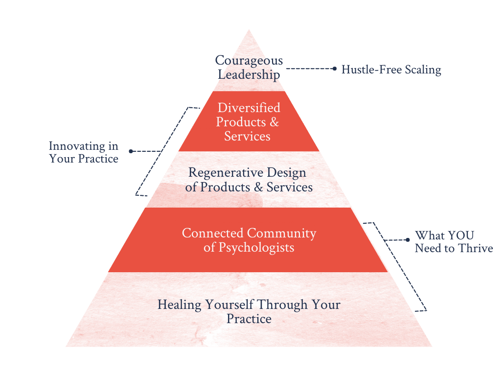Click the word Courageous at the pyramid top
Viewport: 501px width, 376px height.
(249, 61)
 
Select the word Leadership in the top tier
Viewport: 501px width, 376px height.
(249, 75)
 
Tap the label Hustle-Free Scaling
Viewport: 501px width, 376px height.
(391, 70)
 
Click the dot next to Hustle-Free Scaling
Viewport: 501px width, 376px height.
(334, 69)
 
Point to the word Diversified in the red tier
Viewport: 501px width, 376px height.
(249, 108)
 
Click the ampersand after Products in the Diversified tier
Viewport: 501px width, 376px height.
(274, 122)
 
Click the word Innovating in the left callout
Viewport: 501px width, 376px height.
(77, 146)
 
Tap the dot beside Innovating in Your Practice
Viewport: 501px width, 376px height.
(130, 152)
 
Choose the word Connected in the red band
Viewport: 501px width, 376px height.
(212, 233)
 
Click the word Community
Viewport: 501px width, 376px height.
(282, 233)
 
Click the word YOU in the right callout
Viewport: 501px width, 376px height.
(458, 235)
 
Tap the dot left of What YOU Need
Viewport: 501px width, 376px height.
(408, 240)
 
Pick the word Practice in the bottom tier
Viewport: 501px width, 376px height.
(249, 319)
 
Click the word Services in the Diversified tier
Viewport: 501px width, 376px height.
(247, 136)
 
